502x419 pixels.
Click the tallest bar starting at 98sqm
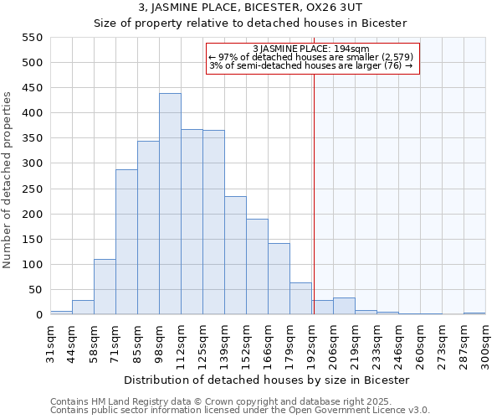pos(170,204)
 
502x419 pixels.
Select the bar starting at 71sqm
pos(126,242)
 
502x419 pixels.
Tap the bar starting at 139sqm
pos(235,256)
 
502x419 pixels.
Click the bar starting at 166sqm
pos(279,279)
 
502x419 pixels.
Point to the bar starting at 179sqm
pos(300,298)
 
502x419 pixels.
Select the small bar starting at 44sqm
pos(83,308)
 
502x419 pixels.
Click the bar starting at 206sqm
pos(344,307)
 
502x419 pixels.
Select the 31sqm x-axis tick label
pos(55,344)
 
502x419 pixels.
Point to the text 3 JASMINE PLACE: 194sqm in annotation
pos(310,49)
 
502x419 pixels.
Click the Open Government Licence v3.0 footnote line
pos(240,411)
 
